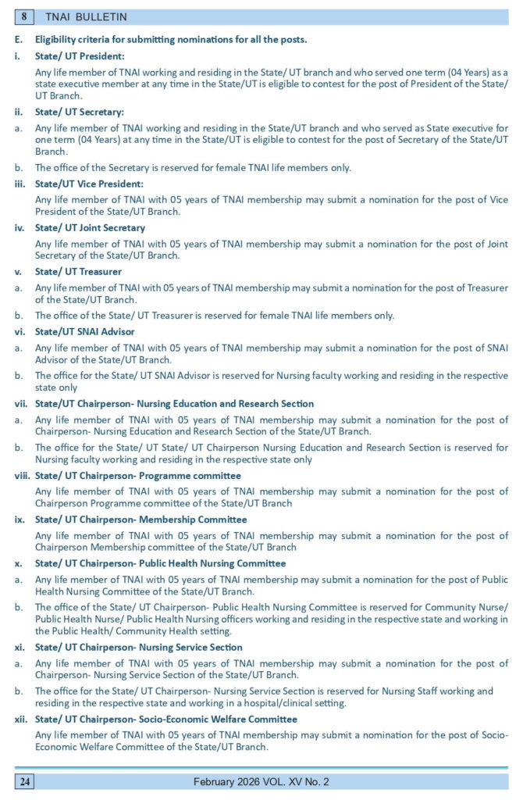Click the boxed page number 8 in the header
coord(25,16)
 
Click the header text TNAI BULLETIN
coord(87,16)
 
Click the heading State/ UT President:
coord(80,56)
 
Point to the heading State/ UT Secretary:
coord(80,112)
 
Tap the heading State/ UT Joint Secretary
coord(90,227)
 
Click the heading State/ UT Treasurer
coord(78,271)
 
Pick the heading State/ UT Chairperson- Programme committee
coord(137,476)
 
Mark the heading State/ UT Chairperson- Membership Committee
coord(141,520)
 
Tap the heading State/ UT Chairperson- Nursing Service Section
coord(139,647)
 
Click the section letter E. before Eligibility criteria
coord(18,39)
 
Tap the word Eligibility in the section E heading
coord(56,39)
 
